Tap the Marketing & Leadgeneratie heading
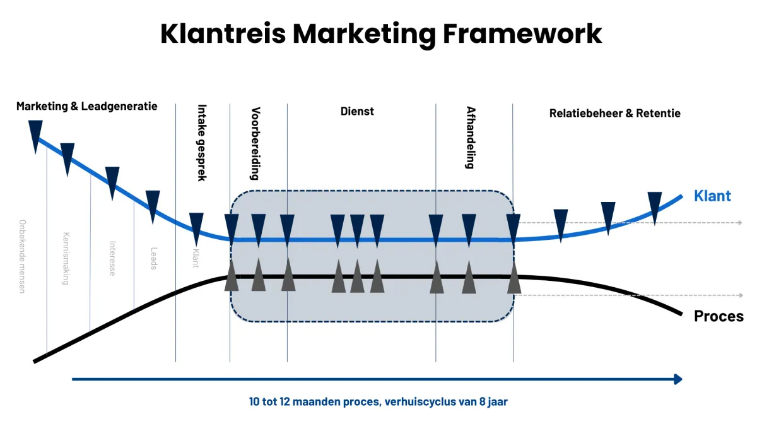click(x=87, y=106)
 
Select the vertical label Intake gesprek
click(x=202, y=143)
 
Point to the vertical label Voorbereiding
click(x=255, y=143)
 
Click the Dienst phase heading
click(x=358, y=111)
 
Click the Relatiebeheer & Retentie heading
click(x=615, y=114)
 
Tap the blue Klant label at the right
click(x=712, y=196)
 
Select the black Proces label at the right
click(x=719, y=316)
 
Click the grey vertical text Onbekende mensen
click(x=23, y=256)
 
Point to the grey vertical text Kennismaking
click(x=66, y=259)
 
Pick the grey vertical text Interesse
click(x=112, y=258)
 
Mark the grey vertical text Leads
click(x=153, y=258)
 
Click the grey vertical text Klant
click(x=196, y=257)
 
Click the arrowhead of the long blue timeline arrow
click(x=678, y=379)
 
